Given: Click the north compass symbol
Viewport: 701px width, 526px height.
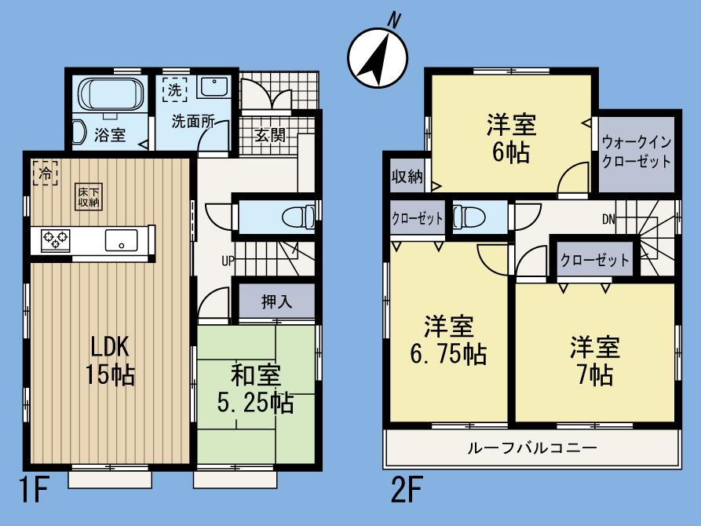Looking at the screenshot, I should pos(377,55).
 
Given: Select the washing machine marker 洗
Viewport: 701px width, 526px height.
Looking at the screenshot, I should pos(173,89).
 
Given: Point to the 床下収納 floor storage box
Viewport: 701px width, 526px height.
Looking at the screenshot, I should pos(88,196).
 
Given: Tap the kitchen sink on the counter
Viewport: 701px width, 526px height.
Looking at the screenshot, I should pos(121,240).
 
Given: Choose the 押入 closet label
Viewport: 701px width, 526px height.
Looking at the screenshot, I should pos(276,302).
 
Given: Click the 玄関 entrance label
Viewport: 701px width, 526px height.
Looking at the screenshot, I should pos(269,135).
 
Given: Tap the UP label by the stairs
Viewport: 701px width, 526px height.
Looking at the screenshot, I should pos(227,261).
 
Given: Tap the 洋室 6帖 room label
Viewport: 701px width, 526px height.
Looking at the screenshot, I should pos(511,137).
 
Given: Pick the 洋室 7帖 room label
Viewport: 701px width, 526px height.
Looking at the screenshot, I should pos(595,360).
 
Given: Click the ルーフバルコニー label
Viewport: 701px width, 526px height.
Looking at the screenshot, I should pos(531,448).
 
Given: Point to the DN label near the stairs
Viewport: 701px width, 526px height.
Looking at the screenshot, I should pos(608,220).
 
